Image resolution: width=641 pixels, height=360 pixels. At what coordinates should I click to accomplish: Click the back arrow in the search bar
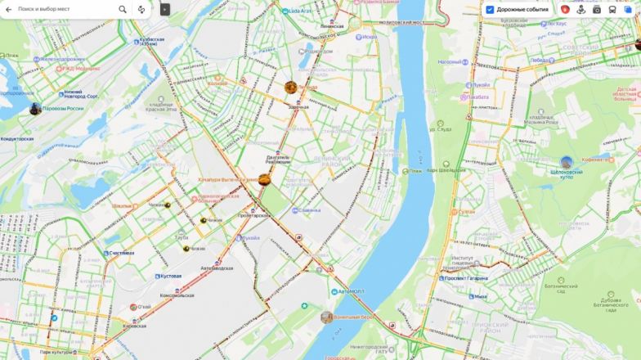7,9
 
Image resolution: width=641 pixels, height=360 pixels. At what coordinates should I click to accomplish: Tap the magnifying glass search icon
123,9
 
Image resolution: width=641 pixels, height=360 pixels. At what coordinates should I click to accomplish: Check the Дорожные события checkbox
490,9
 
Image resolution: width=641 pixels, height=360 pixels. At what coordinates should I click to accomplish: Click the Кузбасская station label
151,39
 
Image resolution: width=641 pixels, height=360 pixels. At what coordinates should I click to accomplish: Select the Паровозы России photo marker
35,109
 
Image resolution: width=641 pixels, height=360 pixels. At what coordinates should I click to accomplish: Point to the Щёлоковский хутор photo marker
567,162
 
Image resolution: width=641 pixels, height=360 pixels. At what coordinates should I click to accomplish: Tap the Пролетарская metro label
253,215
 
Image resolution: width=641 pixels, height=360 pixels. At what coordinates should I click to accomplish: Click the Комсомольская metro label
176,295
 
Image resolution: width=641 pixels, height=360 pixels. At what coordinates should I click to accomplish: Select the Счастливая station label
120,254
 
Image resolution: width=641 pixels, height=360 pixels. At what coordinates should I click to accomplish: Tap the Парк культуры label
55,353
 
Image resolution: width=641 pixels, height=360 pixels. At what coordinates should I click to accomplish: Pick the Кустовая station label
171,276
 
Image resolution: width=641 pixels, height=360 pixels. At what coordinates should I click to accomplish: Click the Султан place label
466,211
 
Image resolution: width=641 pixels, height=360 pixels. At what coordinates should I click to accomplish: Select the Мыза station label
479,296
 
